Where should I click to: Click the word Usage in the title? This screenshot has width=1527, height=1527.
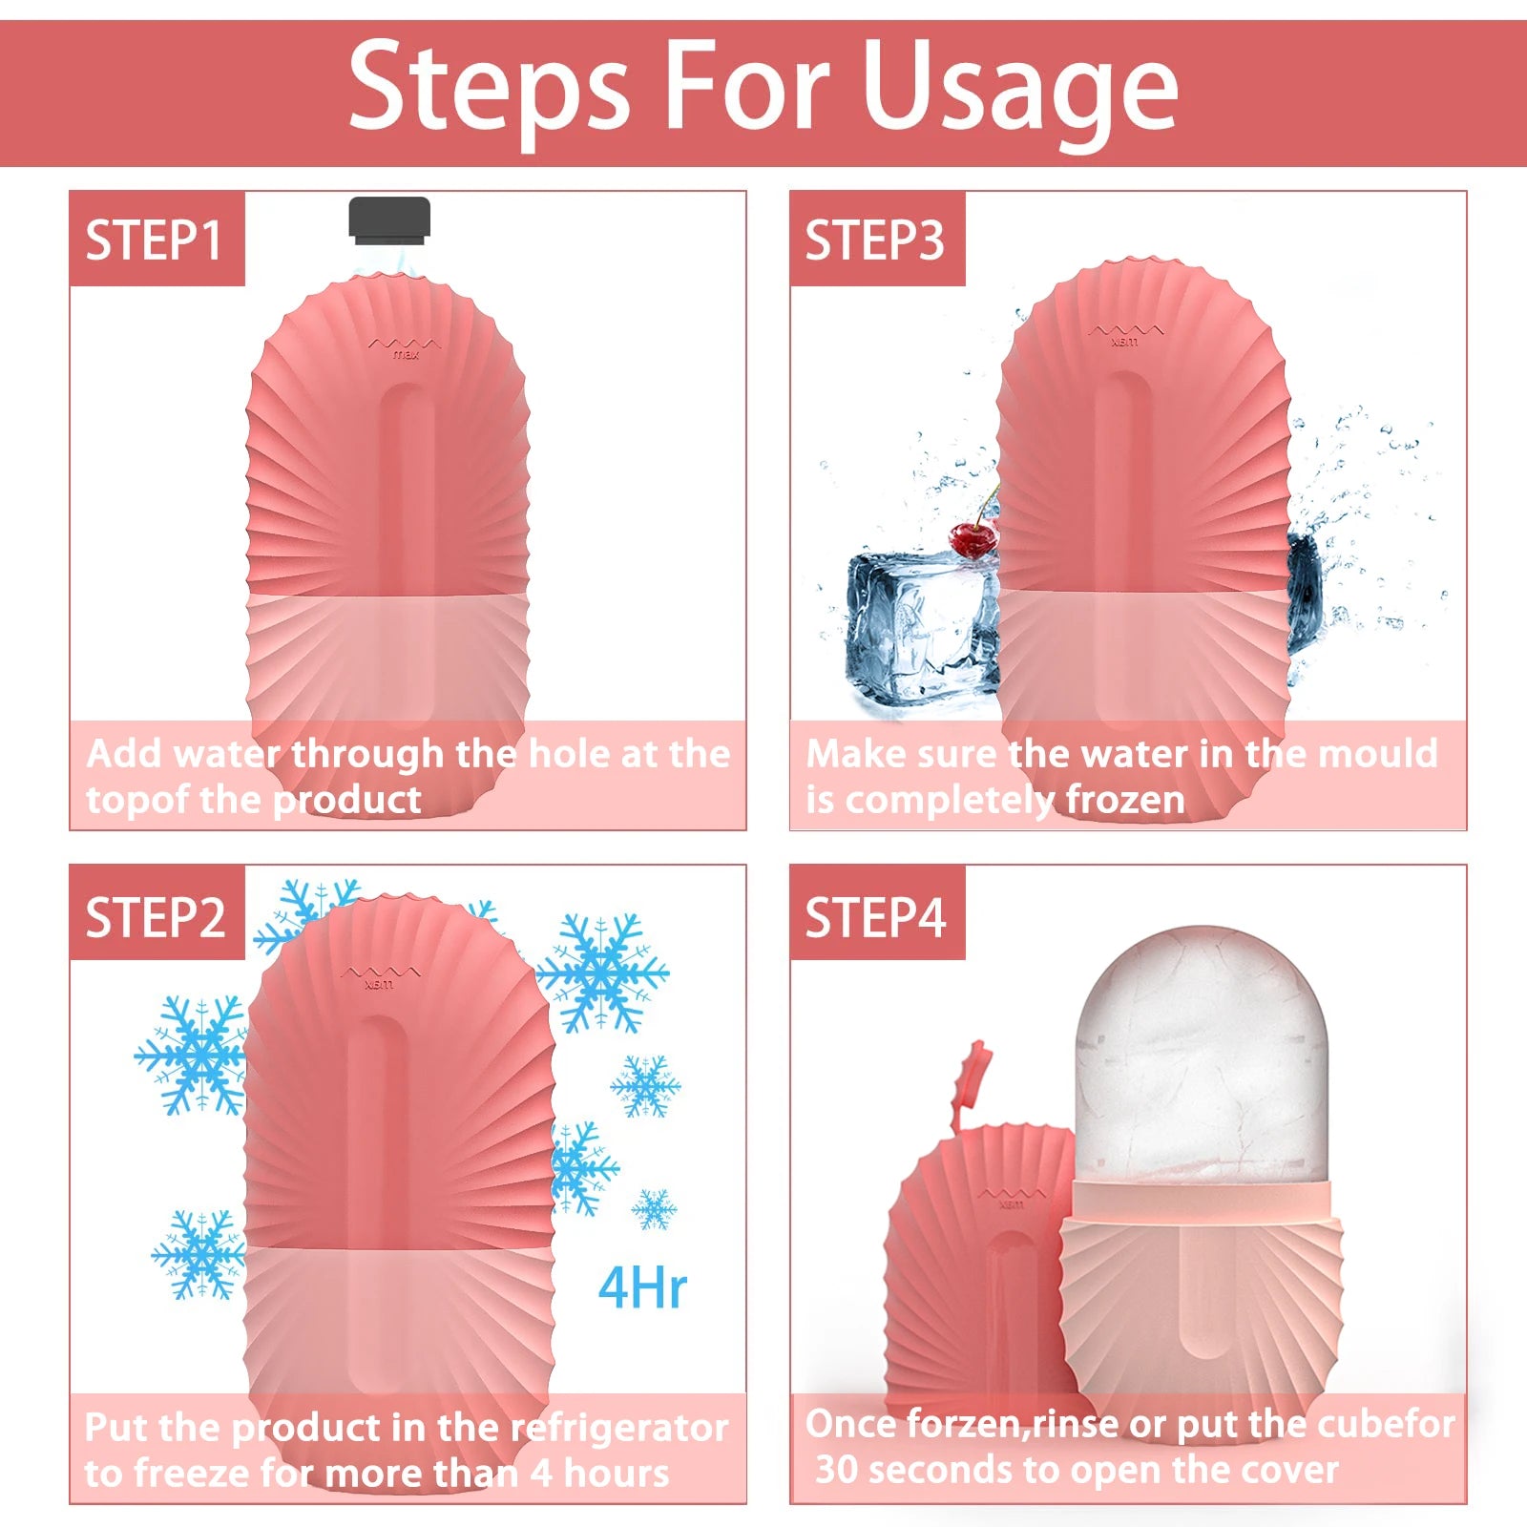click(1020, 88)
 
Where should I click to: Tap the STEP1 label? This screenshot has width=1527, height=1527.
click(154, 240)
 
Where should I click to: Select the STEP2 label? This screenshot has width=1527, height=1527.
click(156, 917)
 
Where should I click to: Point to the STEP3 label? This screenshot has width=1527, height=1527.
click(874, 240)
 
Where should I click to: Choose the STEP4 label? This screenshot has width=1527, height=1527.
click(875, 917)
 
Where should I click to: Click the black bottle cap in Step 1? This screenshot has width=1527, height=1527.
click(389, 219)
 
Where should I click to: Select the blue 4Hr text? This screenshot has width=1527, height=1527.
click(642, 1288)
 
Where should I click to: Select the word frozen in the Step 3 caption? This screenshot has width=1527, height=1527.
click(1125, 800)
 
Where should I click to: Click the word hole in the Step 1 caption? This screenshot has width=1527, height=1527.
click(569, 754)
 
